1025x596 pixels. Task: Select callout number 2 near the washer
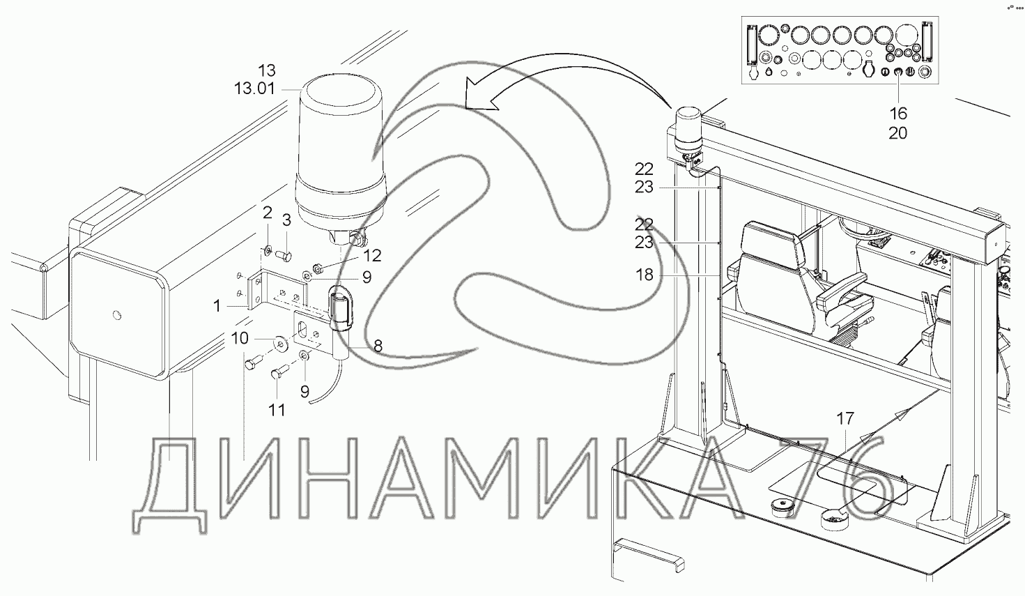pyautogui.click(x=267, y=212)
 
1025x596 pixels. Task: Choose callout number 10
pyautogui.click(x=240, y=339)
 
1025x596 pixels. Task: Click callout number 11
pyautogui.click(x=277, y=410)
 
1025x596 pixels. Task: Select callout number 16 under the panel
pyautogui.click(x=897, y=114)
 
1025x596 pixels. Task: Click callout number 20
pyautogui.click(x=897, y=132)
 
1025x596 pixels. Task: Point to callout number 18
pyautogui.click(x=645, y=275)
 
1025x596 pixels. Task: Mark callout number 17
pyautogui.click(x=845, y=419)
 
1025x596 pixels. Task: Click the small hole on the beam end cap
pyautogui.click(x=116, y=314)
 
